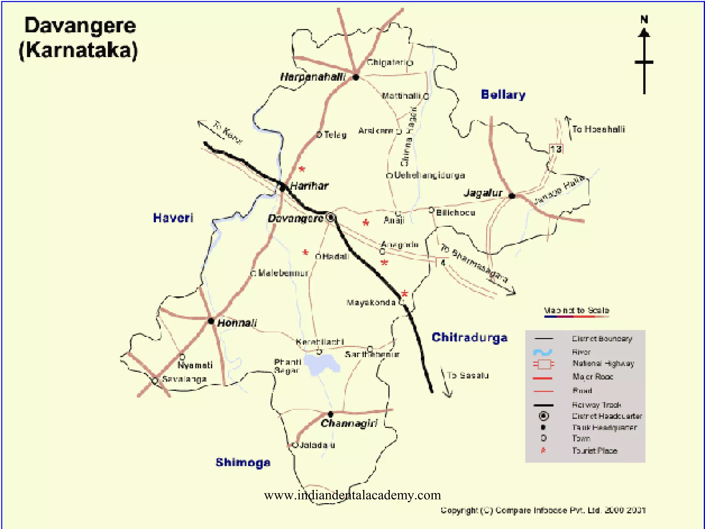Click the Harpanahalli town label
click(313, 77)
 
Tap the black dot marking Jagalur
click(512, 196)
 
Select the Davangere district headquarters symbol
click(330, 217)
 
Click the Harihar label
click(309, 186)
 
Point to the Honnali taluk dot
click(211, 321)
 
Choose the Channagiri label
click(349, 423)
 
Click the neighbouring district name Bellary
click(503, 94)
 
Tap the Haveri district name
click(173, 218)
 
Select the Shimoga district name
click(243, 462)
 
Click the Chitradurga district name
click(470, 337)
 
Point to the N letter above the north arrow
click(644, 20)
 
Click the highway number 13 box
click(556, 149)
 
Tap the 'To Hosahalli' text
click(598, 129)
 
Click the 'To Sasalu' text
click(468, 375)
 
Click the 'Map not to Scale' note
click(577, 310)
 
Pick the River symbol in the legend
click(543, 352)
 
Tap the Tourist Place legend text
click(594, 450)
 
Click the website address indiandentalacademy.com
click(352, 495)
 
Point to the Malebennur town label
click(283, 273)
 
